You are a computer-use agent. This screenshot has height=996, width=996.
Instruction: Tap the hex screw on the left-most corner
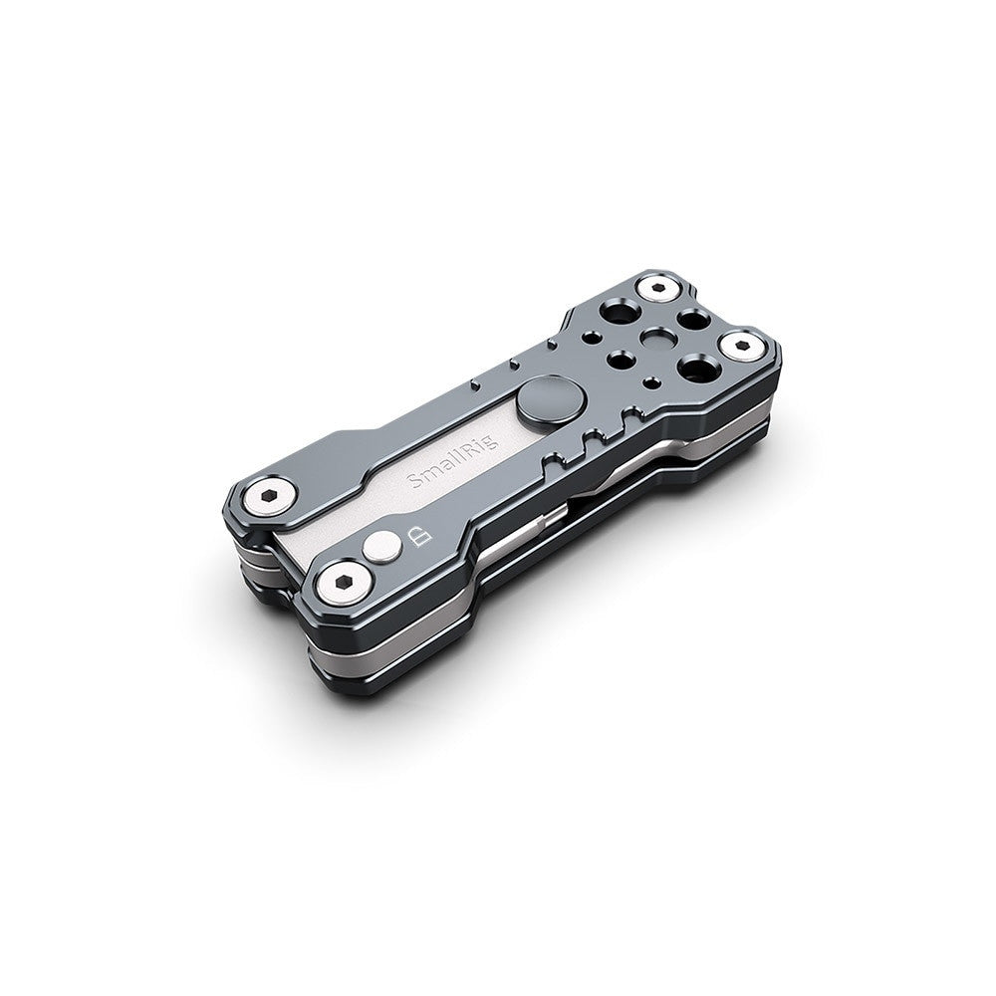pyautogui.click(x=268, y=494)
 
